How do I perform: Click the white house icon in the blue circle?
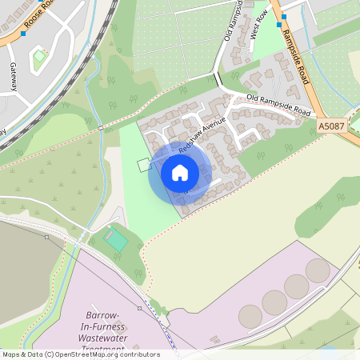(180, 173)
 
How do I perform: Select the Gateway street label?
(14, 78)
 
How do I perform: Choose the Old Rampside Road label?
(278, 104)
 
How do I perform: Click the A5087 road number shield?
(331, 126)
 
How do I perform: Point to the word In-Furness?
(106, 326)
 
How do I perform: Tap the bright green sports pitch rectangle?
(117, 239)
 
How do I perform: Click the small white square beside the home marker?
(143, 165)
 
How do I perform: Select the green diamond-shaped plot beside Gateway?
(38, 58)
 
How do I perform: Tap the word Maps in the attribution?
(12, 354)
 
